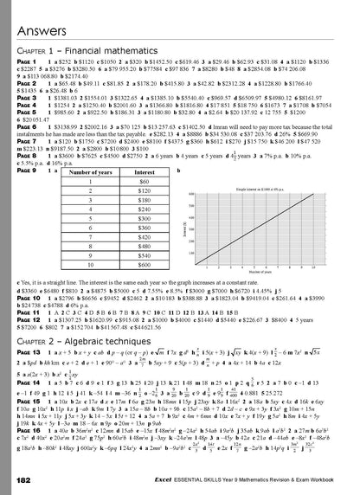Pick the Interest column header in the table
pos(143,149)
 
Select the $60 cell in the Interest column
pos(143,159)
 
